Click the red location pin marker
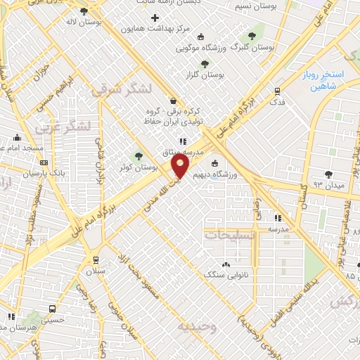(x=180, y=166)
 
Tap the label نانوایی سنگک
(x=224, y=274)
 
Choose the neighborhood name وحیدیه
(x=193, y=328)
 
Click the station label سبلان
(x=94, y=271)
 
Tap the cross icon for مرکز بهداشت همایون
(x=155, y=17)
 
